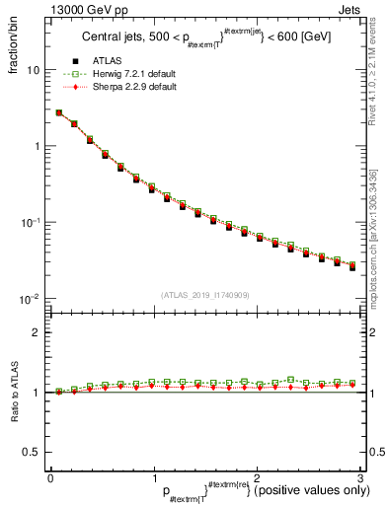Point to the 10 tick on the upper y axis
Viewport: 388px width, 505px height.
click(33, 71)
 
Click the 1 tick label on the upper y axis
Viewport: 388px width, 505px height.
click(36, 146)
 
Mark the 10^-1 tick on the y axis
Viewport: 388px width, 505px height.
click(30, 222)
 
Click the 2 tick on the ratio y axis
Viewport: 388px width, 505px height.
click(36, 332)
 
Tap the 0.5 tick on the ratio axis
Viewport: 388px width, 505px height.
click(32, 452)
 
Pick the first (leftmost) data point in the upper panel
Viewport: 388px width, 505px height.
click(59, 113)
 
